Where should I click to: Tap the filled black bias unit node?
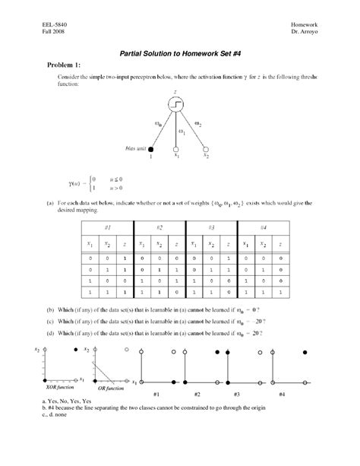(x=150, y=148)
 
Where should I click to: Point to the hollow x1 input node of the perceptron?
(x=176, y=149)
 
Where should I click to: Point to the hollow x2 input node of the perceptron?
(x=206, y=148)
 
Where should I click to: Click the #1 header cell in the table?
(x=108, y=228)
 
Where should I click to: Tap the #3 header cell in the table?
(x=212, y=228)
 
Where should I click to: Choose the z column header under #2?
(x=178, y=245)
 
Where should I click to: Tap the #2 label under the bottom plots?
(x=197, y=395)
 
